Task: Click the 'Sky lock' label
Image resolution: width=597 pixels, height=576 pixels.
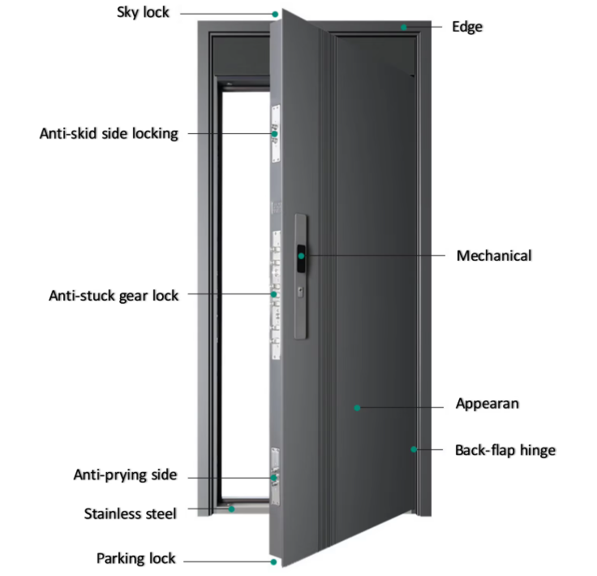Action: point(143,12)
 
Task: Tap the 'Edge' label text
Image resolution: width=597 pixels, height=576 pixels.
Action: point(467,27)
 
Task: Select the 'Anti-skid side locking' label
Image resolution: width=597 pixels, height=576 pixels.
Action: point(109,133)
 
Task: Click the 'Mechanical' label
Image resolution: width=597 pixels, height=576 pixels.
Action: point(494,256)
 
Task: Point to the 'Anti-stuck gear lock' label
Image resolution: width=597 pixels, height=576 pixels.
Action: point(114,296)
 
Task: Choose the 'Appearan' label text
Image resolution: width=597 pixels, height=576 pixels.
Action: point(487,404)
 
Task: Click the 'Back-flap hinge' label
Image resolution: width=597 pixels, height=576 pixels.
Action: point(505,450)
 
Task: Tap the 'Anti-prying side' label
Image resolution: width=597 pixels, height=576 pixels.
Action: point(125,475)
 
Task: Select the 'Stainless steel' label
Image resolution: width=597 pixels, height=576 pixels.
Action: point(131,513)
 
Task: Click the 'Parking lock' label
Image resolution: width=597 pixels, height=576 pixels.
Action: point(136,558)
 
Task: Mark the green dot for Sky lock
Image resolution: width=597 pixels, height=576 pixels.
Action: point(275,15)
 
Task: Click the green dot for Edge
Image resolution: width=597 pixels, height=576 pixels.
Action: point(404,27)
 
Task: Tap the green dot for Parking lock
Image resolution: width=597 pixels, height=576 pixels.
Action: point(273,562)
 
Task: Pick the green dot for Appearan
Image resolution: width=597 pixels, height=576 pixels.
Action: point(357,408)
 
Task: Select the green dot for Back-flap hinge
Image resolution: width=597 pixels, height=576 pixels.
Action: point(414,449)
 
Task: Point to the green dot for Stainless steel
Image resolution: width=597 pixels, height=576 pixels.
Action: point(231,509)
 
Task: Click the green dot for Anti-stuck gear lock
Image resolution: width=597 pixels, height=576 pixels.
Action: point(273,294)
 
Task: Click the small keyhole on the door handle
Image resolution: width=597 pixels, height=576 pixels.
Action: point(301,292)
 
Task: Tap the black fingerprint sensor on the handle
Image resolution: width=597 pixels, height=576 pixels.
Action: point(301,258)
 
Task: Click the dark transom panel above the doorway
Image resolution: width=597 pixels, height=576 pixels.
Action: point(242,56)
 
